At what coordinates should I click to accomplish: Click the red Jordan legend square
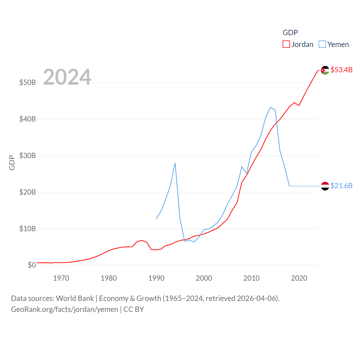tap(286, 44)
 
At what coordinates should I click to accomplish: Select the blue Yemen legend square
tap(322, 44)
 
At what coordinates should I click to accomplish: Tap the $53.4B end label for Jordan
tap(341, 70)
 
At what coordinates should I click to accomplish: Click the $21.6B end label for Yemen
tap(341, 186)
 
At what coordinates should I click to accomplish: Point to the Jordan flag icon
tap(325, 70)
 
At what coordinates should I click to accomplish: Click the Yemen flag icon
tap(325, 186)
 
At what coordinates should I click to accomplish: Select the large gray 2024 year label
tap(67, 77)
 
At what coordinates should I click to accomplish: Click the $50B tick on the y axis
tap(28, 82)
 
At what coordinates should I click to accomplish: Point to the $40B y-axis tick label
tap(28, 119)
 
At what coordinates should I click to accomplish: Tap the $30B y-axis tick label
tap(28, 156)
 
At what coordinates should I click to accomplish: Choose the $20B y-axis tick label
tap(28, 192)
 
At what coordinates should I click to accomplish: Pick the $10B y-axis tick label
tap(28, 229)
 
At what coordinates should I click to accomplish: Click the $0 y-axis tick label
tap(32, 265)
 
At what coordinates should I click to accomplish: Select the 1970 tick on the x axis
tap(61, 278)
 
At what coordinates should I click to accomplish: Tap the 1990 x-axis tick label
tap(156, 278)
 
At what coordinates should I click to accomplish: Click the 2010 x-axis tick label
tap(251, 278)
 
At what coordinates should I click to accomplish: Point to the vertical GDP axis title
tap(12, 163)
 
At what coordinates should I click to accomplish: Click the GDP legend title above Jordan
tap(290, 33)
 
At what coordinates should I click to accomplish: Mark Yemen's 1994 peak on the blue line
tap(175, 163)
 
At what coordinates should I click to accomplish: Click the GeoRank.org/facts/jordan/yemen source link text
tap(64, 309)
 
